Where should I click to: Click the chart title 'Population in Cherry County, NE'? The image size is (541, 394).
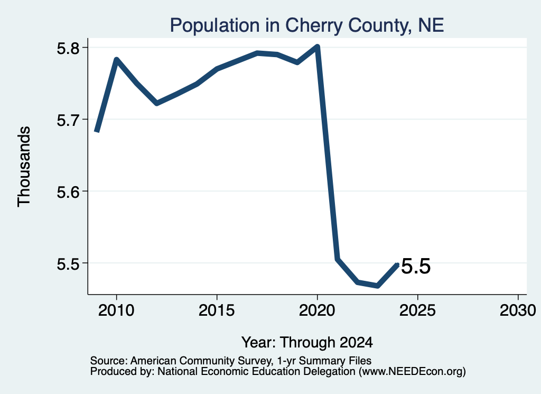tap(307, 25)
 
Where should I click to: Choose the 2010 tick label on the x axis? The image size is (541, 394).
tap(116, 310)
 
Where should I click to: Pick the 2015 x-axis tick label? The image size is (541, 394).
tap(217, 310)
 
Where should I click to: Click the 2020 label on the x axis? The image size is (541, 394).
tap(317, 310)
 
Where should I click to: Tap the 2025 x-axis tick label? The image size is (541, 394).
tap(417, 310)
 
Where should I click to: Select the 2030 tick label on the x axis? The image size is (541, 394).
tap(518, 310)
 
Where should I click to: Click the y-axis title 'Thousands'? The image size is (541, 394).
tap(24, 167)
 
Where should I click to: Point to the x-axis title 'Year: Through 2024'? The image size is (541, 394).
tap(307, 343)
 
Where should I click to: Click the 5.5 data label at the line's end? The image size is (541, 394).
tap(416, 266)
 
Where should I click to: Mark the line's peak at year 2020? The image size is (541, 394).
tap(318, 46)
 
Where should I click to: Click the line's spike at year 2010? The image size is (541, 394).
tap(117, 60)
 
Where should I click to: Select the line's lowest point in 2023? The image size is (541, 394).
tap(378, 286)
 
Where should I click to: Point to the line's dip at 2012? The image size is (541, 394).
tap(156, 103)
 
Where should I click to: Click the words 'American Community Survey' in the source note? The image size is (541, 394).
tap(200, 361)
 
